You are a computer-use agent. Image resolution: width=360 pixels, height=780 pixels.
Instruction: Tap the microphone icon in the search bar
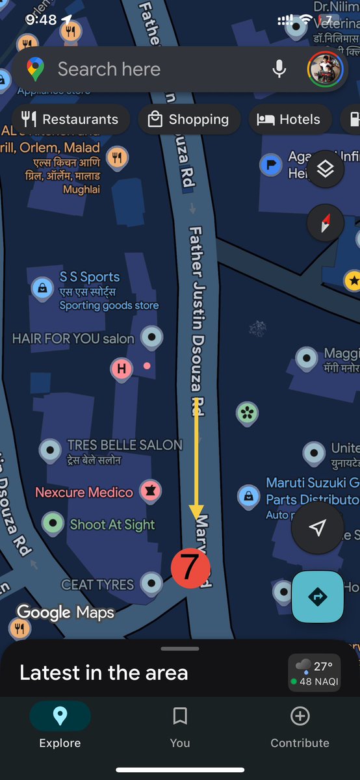(279, 69)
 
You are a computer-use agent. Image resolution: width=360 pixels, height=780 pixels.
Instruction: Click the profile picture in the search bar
(325, 69)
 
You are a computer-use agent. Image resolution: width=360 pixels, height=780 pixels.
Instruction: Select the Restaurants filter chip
(70, 120)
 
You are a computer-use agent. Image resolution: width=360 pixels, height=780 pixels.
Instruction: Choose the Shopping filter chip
(189, 120)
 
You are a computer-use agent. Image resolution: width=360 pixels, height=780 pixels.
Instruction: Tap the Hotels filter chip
(289, 120)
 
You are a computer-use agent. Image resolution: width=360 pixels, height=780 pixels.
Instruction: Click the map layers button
(326, 169)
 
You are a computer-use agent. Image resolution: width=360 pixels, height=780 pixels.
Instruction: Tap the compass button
(326, 222)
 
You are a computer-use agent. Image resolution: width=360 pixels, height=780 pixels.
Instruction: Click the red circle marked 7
(190, 567)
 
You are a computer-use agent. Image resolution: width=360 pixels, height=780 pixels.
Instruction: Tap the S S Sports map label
(90, 278)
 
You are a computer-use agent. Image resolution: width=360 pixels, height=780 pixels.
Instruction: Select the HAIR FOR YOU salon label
(73, 339)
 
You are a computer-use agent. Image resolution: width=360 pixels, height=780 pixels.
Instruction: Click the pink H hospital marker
(121, 369)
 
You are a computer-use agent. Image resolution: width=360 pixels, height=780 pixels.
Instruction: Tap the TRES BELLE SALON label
(125, 445)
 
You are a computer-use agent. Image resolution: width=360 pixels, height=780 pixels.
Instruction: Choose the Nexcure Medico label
(84, 492)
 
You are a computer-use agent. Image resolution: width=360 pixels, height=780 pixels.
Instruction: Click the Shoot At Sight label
(112, 525)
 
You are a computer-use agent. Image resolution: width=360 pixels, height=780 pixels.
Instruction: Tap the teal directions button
(318, 596)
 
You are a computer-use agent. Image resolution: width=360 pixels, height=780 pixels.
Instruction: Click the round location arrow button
(317, 528)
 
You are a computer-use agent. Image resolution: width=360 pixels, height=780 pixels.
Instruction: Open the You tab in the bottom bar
(180, 726)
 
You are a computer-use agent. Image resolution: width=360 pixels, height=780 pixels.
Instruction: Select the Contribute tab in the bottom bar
(300, 726)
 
